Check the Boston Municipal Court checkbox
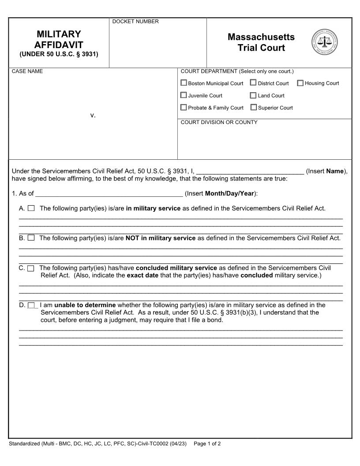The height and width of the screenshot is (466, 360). tap(184, 83)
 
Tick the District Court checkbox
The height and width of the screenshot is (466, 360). tap(253, 83)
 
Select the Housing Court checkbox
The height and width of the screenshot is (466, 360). tap(300, 83)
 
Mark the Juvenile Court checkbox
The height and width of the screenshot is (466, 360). tap(184, 95)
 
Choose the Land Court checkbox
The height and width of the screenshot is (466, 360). tap(253, 95)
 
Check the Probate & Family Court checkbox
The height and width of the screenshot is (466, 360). tap(184, 107)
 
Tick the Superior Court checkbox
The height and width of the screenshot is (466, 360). tap(254, 107)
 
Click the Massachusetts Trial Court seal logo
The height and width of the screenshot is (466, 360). tap(324, 42)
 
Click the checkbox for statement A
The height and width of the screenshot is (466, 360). tap(31, 208)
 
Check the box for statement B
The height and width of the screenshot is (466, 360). tap(31, 238)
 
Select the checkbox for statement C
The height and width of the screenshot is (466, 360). tap(31, 268)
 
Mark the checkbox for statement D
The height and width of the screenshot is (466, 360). tap(31, 305)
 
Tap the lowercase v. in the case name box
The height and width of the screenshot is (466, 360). tap(93, 115)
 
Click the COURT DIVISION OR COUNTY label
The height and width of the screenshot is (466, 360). tap(219, 122)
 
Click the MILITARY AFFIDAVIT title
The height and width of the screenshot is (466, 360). tap(59, 40)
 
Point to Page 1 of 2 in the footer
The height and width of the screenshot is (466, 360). tap(207, 443)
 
